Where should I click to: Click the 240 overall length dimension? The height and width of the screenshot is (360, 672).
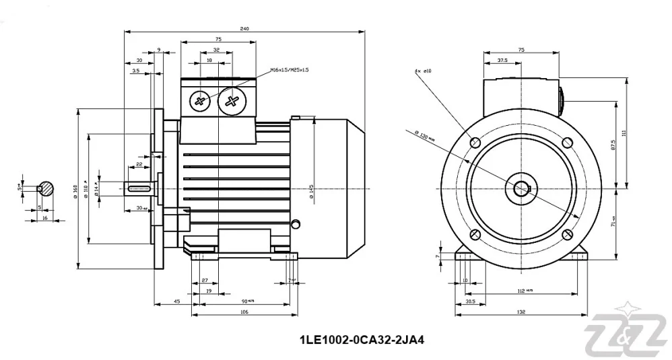click(245, 28)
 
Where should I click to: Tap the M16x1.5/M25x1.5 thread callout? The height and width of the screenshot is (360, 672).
click(289, 69)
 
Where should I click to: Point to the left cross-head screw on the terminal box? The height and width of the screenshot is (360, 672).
click(200, 102)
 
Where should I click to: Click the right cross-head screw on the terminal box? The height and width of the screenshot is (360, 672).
click(232, 102)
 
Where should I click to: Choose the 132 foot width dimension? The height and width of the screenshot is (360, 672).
click(521, 312)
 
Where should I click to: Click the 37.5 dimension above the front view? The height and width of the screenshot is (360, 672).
click(502, 60)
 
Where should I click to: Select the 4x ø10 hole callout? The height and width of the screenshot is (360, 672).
click(424, 69)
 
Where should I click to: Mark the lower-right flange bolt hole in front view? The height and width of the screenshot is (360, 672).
click(568, 234)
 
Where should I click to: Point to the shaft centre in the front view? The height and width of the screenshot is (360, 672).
click(522, 188)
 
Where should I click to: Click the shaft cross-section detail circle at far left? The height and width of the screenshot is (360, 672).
click(46, 189)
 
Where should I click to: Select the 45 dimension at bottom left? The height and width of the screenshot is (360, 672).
click(176, 301)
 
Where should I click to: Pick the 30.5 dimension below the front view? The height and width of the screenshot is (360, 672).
click(470, 301)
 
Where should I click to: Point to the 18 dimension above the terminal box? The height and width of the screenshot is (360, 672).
click(209, 60)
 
